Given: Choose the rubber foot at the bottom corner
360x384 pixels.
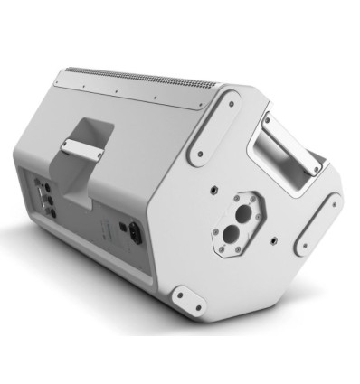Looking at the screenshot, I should click(188, 301).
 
